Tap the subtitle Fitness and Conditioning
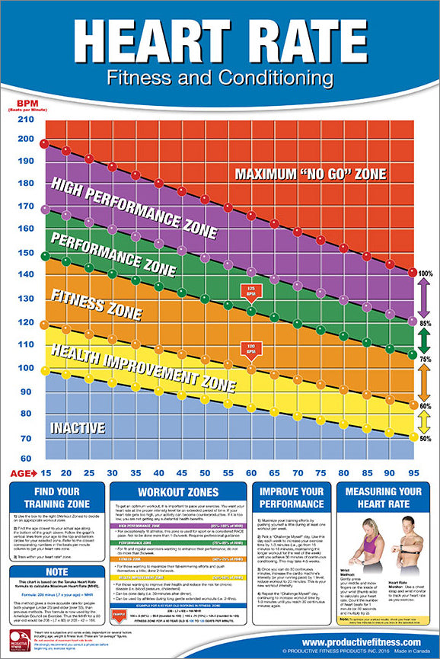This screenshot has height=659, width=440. (220, 78)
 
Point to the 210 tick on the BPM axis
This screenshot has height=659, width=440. (25, 120)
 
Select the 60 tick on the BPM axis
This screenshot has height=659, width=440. (25, 458)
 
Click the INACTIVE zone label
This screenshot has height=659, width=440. (78, 428)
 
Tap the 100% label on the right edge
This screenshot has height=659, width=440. (425, 273)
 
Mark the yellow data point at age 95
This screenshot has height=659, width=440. (413, 437)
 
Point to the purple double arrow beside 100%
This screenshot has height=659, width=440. (425, 297)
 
